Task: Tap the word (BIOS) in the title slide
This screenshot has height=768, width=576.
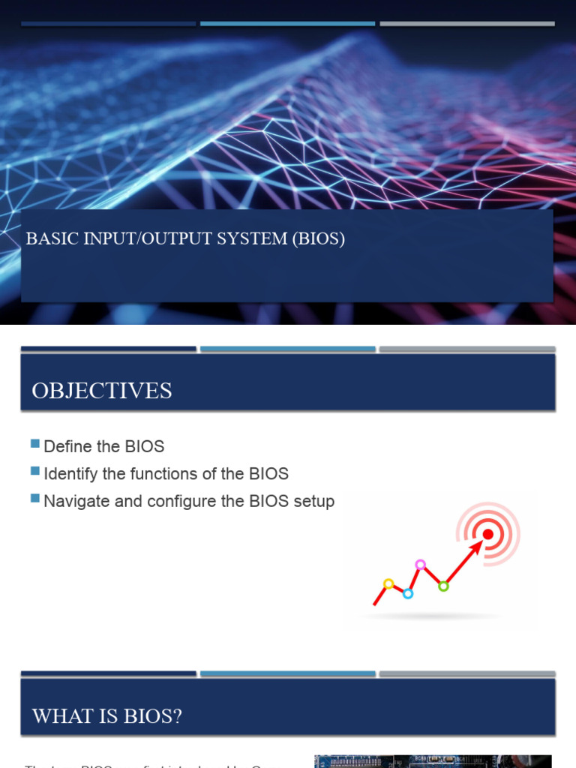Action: coord(318,239)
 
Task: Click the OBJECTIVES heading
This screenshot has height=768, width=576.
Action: coord(102,391)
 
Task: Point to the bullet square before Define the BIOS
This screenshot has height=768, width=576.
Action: coord(35,444)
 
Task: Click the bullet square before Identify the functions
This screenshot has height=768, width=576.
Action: coord(35,471)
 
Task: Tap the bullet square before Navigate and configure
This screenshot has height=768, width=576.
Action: coord(35,498)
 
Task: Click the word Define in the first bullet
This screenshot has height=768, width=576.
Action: coord(67,447)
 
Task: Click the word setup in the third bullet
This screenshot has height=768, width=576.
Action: coord(314,501)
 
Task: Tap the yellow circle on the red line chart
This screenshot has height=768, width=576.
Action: coord(388,583)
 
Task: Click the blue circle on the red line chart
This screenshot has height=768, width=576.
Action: coord(408,594)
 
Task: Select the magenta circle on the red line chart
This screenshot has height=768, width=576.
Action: coord(420,564)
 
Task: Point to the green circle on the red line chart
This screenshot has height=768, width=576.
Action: coord(443,586)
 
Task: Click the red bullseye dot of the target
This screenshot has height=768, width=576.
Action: coord(488,534)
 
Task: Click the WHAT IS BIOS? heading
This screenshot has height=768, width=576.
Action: coord(107,716)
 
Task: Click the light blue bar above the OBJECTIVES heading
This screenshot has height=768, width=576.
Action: coord(287,349)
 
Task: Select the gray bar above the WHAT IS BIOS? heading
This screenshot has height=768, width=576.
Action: coord(466,674)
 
